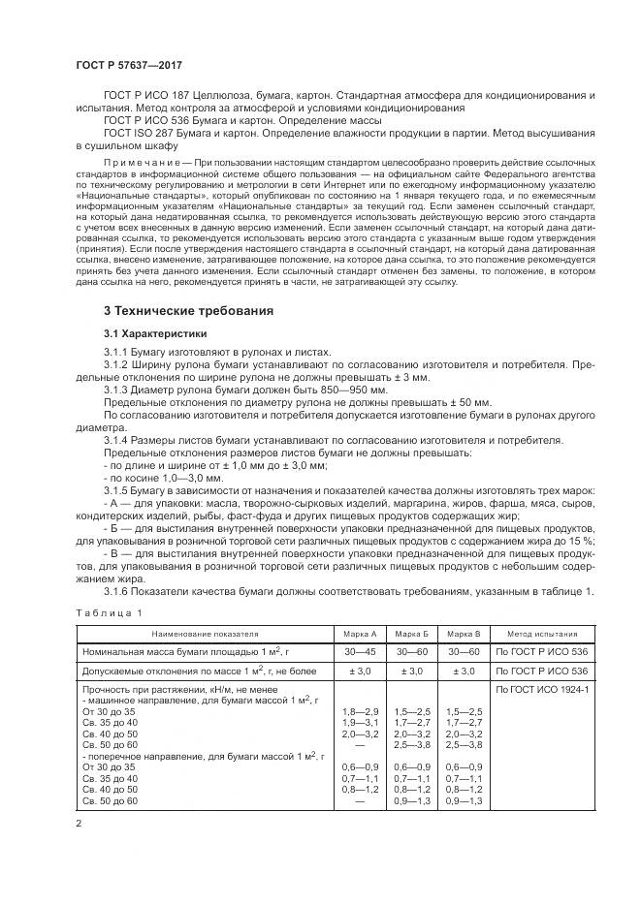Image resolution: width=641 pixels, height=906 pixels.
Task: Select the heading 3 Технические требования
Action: (x=186, y=311)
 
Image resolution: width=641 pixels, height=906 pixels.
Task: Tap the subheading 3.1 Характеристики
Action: (x=155, y=333)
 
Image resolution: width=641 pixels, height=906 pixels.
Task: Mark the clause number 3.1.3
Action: (x=117, y=389)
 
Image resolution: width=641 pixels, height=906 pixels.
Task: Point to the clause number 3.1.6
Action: (x=117, y=591)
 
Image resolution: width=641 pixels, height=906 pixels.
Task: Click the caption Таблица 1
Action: (x=109, y=612)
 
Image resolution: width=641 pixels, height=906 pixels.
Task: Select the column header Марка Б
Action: (x=411, y=632)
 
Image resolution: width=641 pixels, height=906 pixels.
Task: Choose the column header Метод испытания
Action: (x=543, y=632)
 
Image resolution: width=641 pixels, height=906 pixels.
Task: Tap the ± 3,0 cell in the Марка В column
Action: (x=463, y=671)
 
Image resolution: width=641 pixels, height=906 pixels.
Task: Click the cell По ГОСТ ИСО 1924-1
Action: (x=543, y=689)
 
